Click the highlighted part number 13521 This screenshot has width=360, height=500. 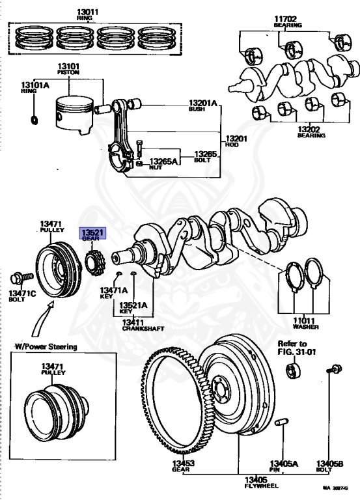[x=92, y=232]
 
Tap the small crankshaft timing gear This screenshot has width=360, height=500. [x=95, y=263]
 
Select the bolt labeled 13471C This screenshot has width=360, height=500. [x=21, y=279]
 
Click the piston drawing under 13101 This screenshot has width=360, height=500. [x=75, y=115]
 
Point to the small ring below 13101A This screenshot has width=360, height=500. [x=35, y=120]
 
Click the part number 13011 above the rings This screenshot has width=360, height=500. [x=87, y=12]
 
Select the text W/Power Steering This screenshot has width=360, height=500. [x=46, y=346]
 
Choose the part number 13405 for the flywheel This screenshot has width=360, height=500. [x=256, y=480]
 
